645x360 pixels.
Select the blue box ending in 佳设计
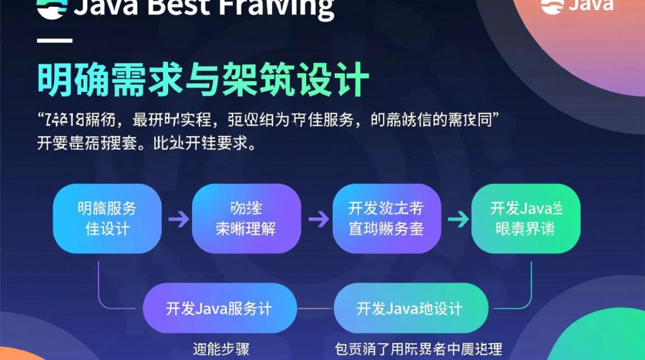coord(107,218)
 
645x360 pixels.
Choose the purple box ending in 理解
coord(246,218)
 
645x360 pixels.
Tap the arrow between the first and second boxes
coord(179,219)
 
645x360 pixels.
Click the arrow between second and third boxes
coord(318,219)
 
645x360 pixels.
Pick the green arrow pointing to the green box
coord(458,219)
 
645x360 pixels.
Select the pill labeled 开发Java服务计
coord(220,308)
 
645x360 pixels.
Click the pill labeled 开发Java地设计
coord(410,308)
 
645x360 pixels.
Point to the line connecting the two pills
coord(315,309)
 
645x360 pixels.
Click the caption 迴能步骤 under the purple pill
coord(221,349)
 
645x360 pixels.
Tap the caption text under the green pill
coord(418,349)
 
